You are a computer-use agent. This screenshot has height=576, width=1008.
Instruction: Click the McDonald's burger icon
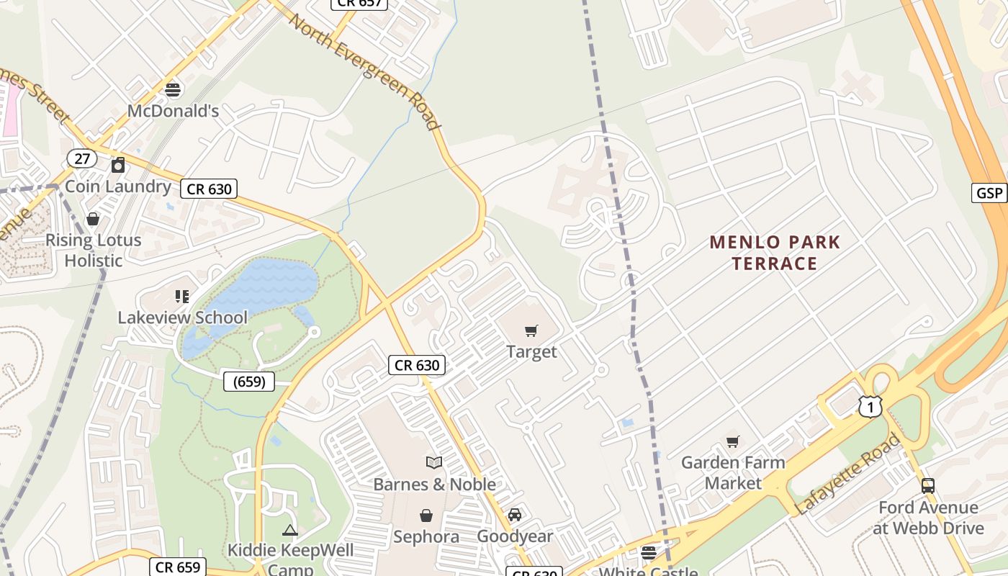tap(173, 90)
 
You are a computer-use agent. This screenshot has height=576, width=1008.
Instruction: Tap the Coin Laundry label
tap(118, 186)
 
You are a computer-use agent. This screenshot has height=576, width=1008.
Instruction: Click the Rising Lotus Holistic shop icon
tap(93, 219)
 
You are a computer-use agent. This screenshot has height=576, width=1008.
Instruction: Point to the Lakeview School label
tap(182, 318)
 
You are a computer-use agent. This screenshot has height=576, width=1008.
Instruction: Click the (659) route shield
tap(249, 382)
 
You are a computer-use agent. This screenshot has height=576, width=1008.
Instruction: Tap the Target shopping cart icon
tap(531, 331)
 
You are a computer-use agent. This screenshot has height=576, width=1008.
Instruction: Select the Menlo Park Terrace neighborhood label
tap(775, 253)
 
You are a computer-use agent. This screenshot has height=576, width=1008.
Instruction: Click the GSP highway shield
tap(989, 193)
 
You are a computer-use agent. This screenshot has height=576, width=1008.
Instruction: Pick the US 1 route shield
tap(870, 407)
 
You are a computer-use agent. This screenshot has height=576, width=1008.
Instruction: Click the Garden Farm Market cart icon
tap(733, 441)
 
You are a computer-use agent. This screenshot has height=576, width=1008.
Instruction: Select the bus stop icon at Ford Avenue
tap(927, 486)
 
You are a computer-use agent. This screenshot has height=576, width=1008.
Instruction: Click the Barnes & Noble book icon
tap(434, 463)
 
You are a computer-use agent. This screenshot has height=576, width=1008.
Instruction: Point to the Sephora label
tap(426, 537)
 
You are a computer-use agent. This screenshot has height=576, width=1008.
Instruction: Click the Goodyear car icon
tap(515, 515)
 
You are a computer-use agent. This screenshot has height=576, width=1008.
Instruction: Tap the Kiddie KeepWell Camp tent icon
tap(290, 531)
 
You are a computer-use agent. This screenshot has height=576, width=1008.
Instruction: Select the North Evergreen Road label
tap(364, 71)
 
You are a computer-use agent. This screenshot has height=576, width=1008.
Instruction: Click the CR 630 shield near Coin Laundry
tap(209, 189)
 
